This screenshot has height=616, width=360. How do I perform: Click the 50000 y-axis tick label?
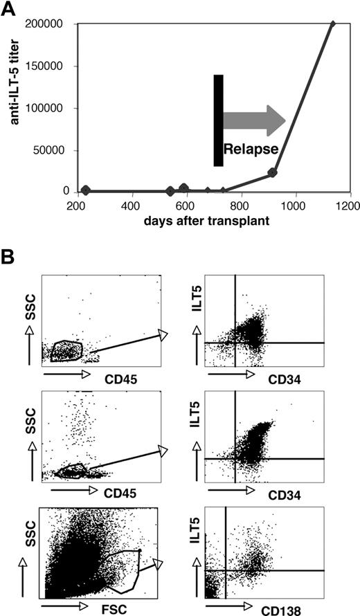(x=53, y=150)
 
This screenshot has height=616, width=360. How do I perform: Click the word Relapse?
(x=250, y=148)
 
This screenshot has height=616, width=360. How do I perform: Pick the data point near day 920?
(x=273, y=172)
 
